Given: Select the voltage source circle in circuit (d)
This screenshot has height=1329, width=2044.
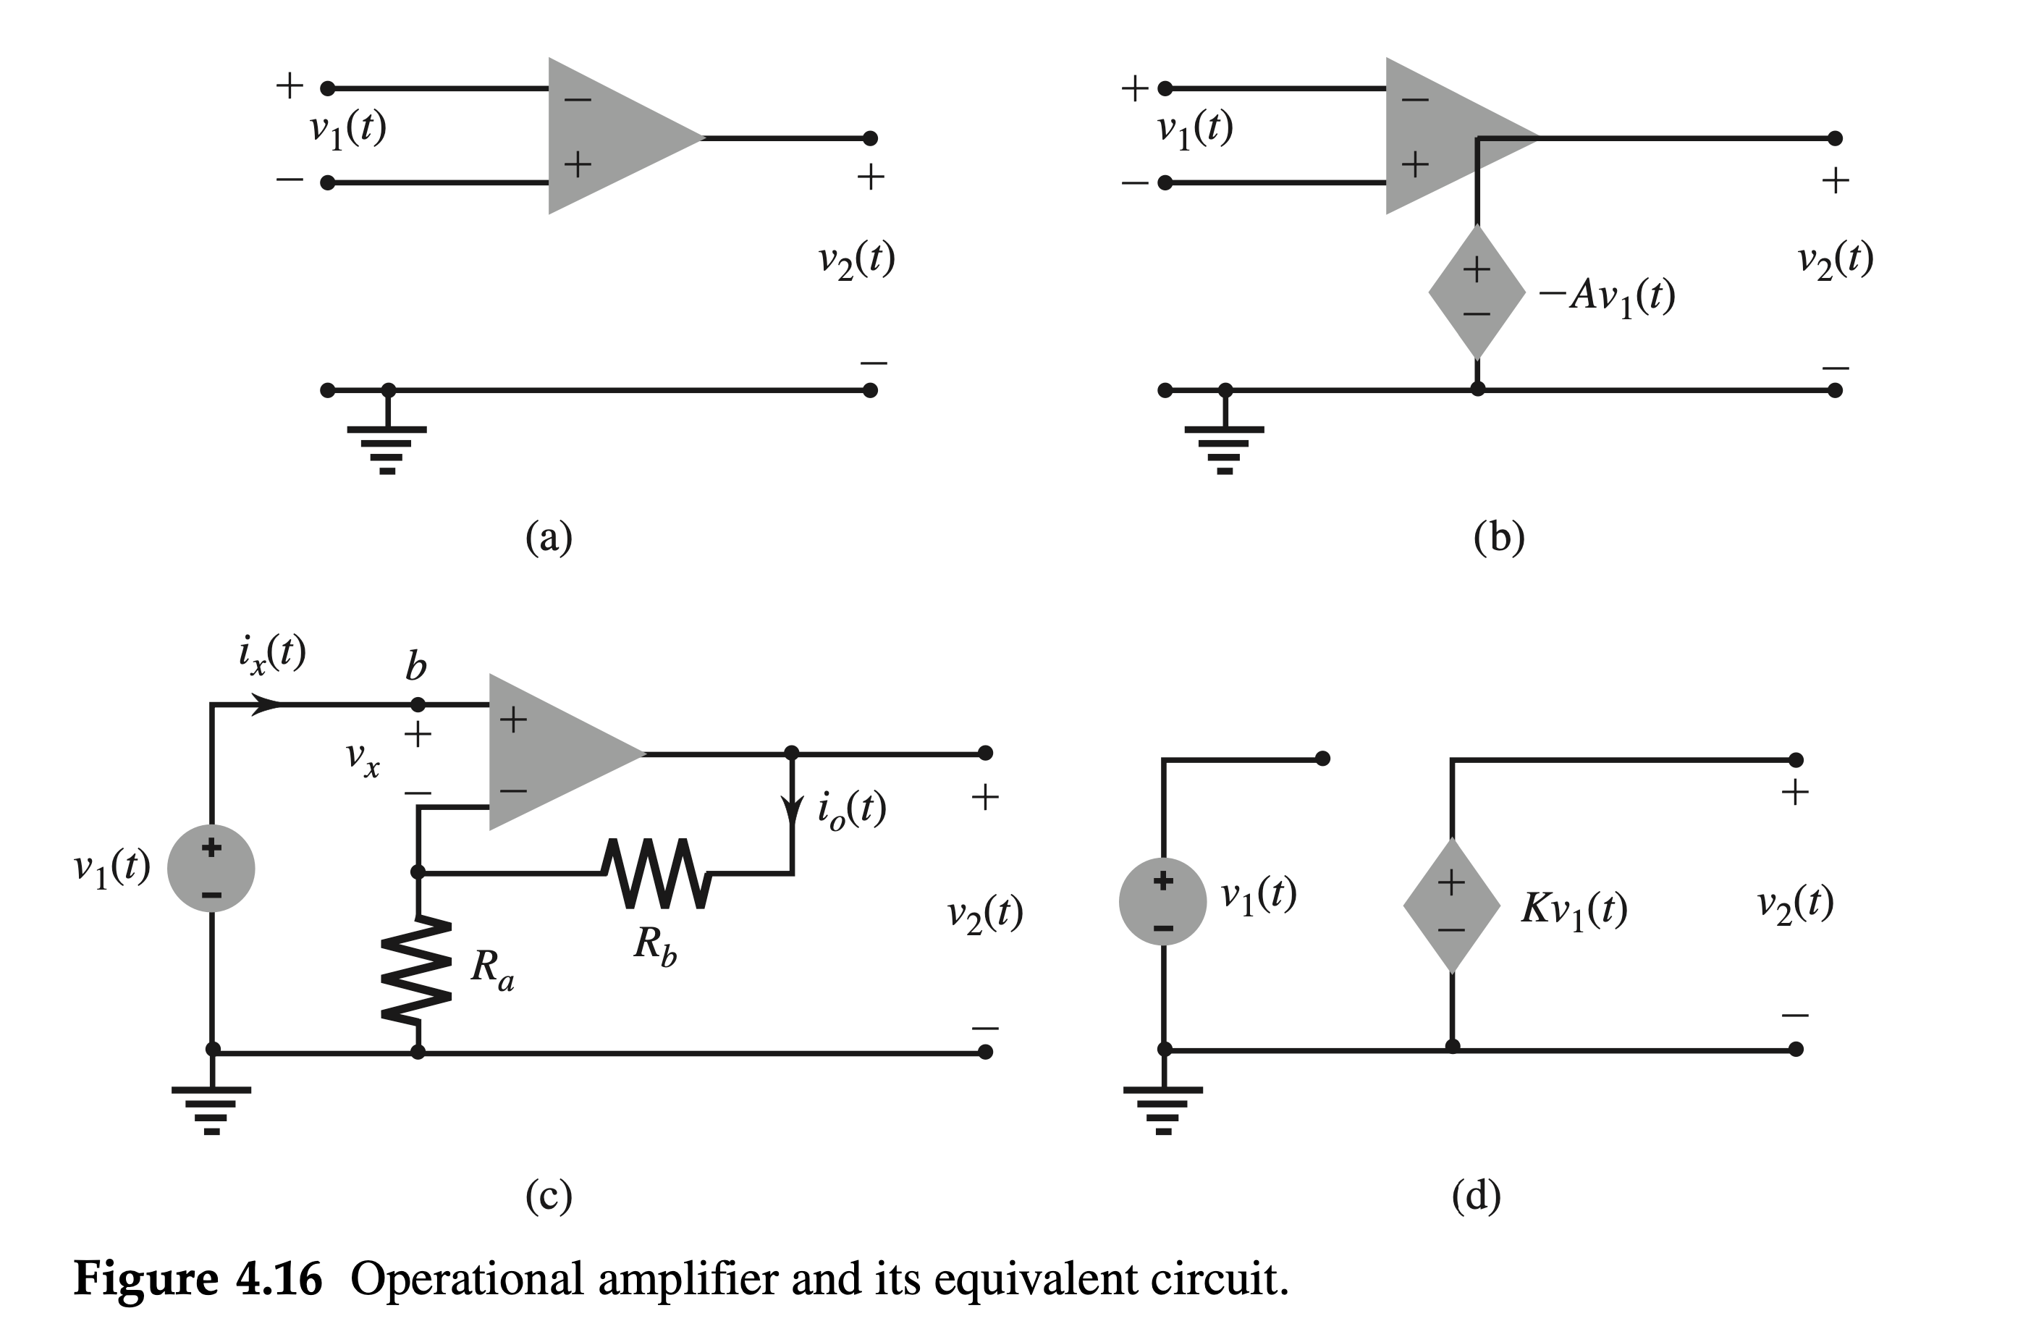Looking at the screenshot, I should click(1163, 901).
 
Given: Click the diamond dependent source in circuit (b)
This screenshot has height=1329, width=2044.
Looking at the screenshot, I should click(1477, 292).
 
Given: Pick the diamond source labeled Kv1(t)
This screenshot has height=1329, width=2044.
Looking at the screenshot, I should click(1451, 906).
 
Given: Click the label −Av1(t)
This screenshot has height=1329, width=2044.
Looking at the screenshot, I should click(1607, 296).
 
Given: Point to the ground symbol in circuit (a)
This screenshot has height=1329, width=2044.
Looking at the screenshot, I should click(387, 450).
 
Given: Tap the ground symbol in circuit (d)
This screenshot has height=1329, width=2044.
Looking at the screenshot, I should click(1163, 1109).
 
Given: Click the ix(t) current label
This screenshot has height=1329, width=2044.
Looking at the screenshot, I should click(272, 654).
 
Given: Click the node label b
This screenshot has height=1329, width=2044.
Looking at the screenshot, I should click(415, 666).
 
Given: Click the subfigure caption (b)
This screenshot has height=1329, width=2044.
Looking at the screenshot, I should click(1499, 538).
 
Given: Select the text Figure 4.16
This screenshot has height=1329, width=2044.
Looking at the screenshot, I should click(198, 1278).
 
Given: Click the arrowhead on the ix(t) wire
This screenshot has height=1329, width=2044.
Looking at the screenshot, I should click(268, 705).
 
